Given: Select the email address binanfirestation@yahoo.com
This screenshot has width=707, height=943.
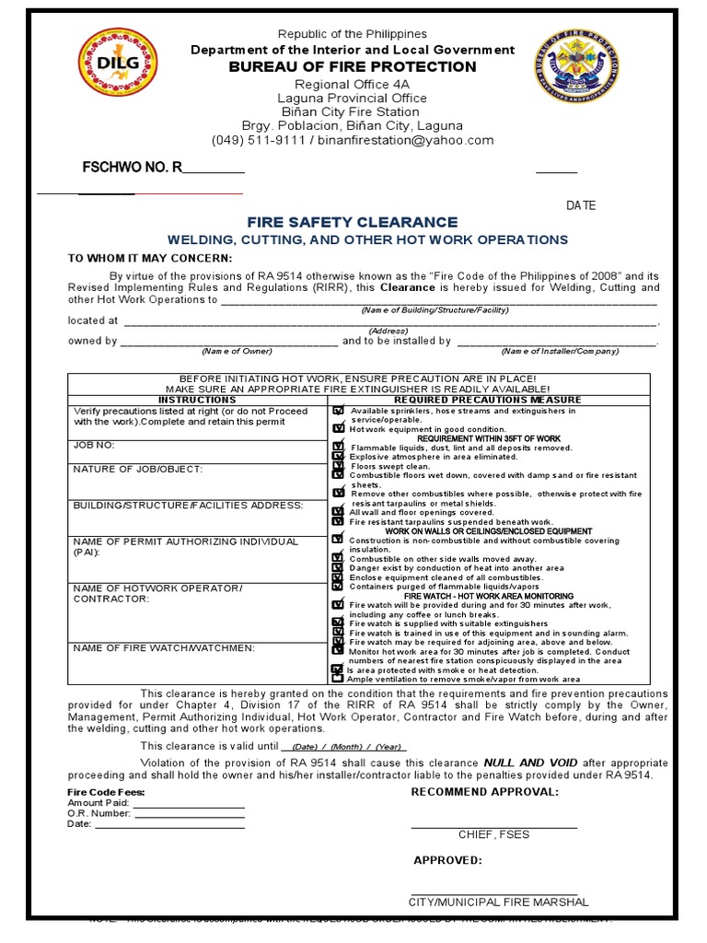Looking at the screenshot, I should [x=419, y=140].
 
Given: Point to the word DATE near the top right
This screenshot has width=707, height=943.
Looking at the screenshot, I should [x=581, y=205].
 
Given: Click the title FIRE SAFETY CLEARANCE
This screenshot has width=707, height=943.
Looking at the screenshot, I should [x=352, y=222].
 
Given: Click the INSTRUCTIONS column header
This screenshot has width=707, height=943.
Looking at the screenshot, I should [x=197, y=400].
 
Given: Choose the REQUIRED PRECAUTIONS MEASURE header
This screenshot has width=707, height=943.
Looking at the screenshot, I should [x=488, y=400].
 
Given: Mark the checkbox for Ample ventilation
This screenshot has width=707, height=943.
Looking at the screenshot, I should [x=338, y=679].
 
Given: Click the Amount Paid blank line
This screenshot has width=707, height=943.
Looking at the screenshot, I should [x=189, y=803].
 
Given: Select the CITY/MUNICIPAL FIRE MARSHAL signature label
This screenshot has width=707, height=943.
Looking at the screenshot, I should [x=498, y=902].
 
